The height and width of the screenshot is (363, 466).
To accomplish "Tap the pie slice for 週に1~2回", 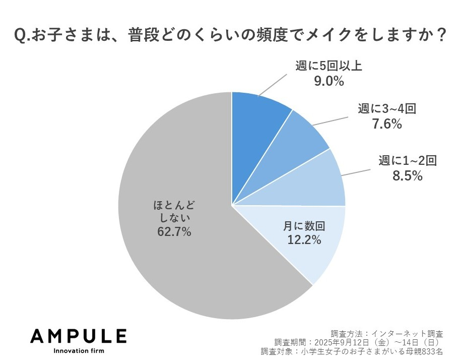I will [x=322, y=181].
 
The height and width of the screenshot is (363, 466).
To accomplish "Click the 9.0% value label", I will [x=327, y=81].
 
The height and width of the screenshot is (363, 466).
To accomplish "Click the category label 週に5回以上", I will [x=328, y=66].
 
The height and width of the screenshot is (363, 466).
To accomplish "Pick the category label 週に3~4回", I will [x=387, y=108].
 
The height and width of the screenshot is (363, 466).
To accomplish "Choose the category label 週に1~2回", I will [x=407, y=161].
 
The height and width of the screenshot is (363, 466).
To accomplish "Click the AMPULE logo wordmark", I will [x=79, y=336].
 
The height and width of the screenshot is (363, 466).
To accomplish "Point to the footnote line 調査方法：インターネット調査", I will [x=386, y=333].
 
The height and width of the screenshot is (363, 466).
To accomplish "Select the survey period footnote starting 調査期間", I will [x=358, y=342].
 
